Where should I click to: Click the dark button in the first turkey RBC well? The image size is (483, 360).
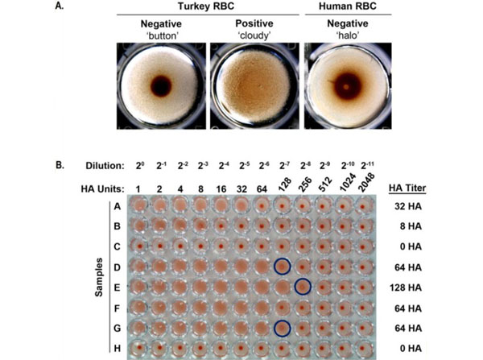[161, 85]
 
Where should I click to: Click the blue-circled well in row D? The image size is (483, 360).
[283, 266]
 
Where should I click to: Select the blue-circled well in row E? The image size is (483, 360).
[303, 286]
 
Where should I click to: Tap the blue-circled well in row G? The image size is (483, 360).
[283, 327]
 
